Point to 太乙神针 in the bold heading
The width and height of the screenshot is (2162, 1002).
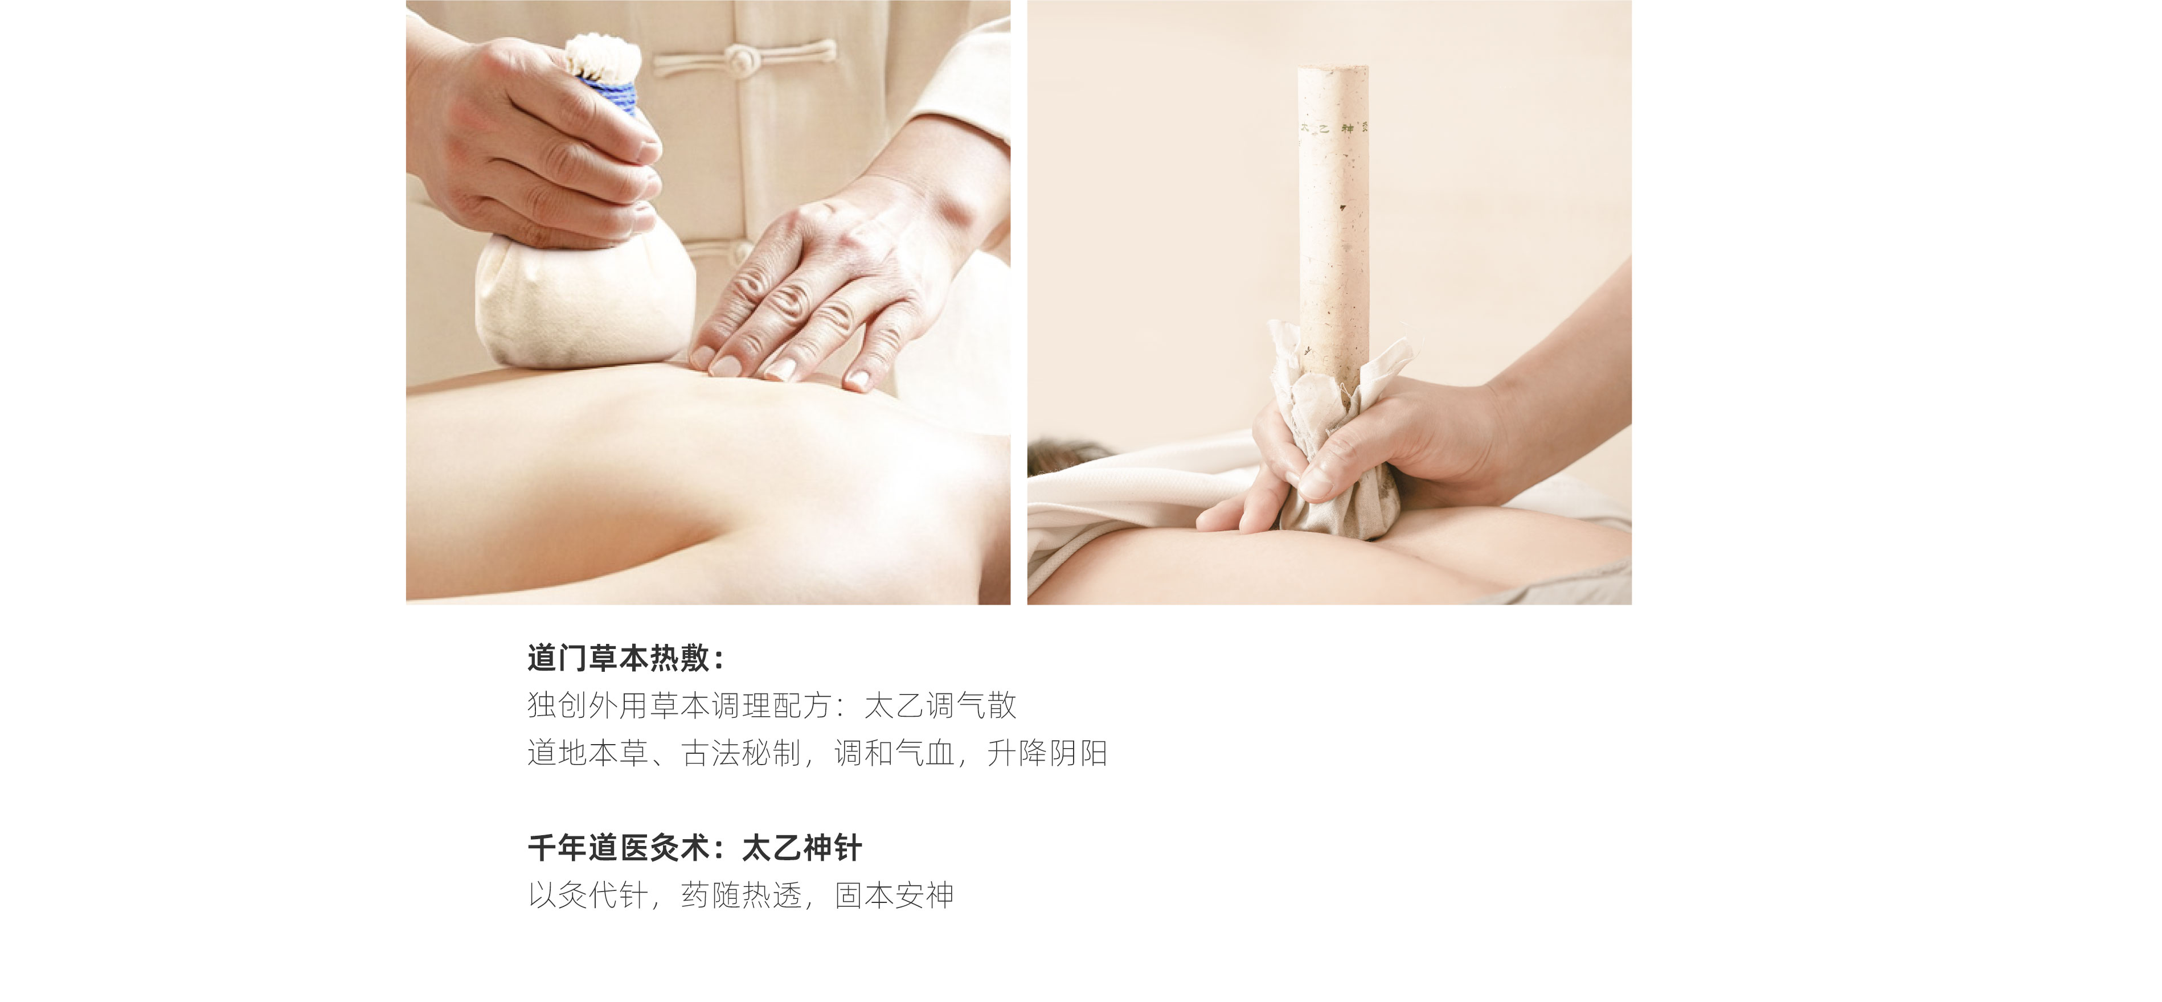[801, 848]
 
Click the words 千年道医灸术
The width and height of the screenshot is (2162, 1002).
[619, 848]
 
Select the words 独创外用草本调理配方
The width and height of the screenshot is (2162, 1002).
[680, 706]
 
